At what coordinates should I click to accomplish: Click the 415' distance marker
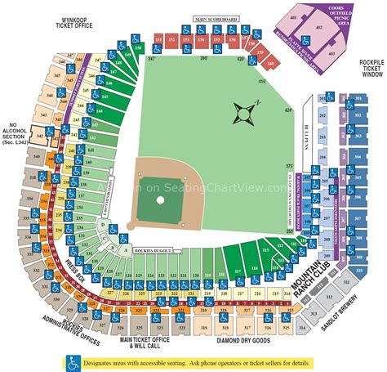pos(264,81)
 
